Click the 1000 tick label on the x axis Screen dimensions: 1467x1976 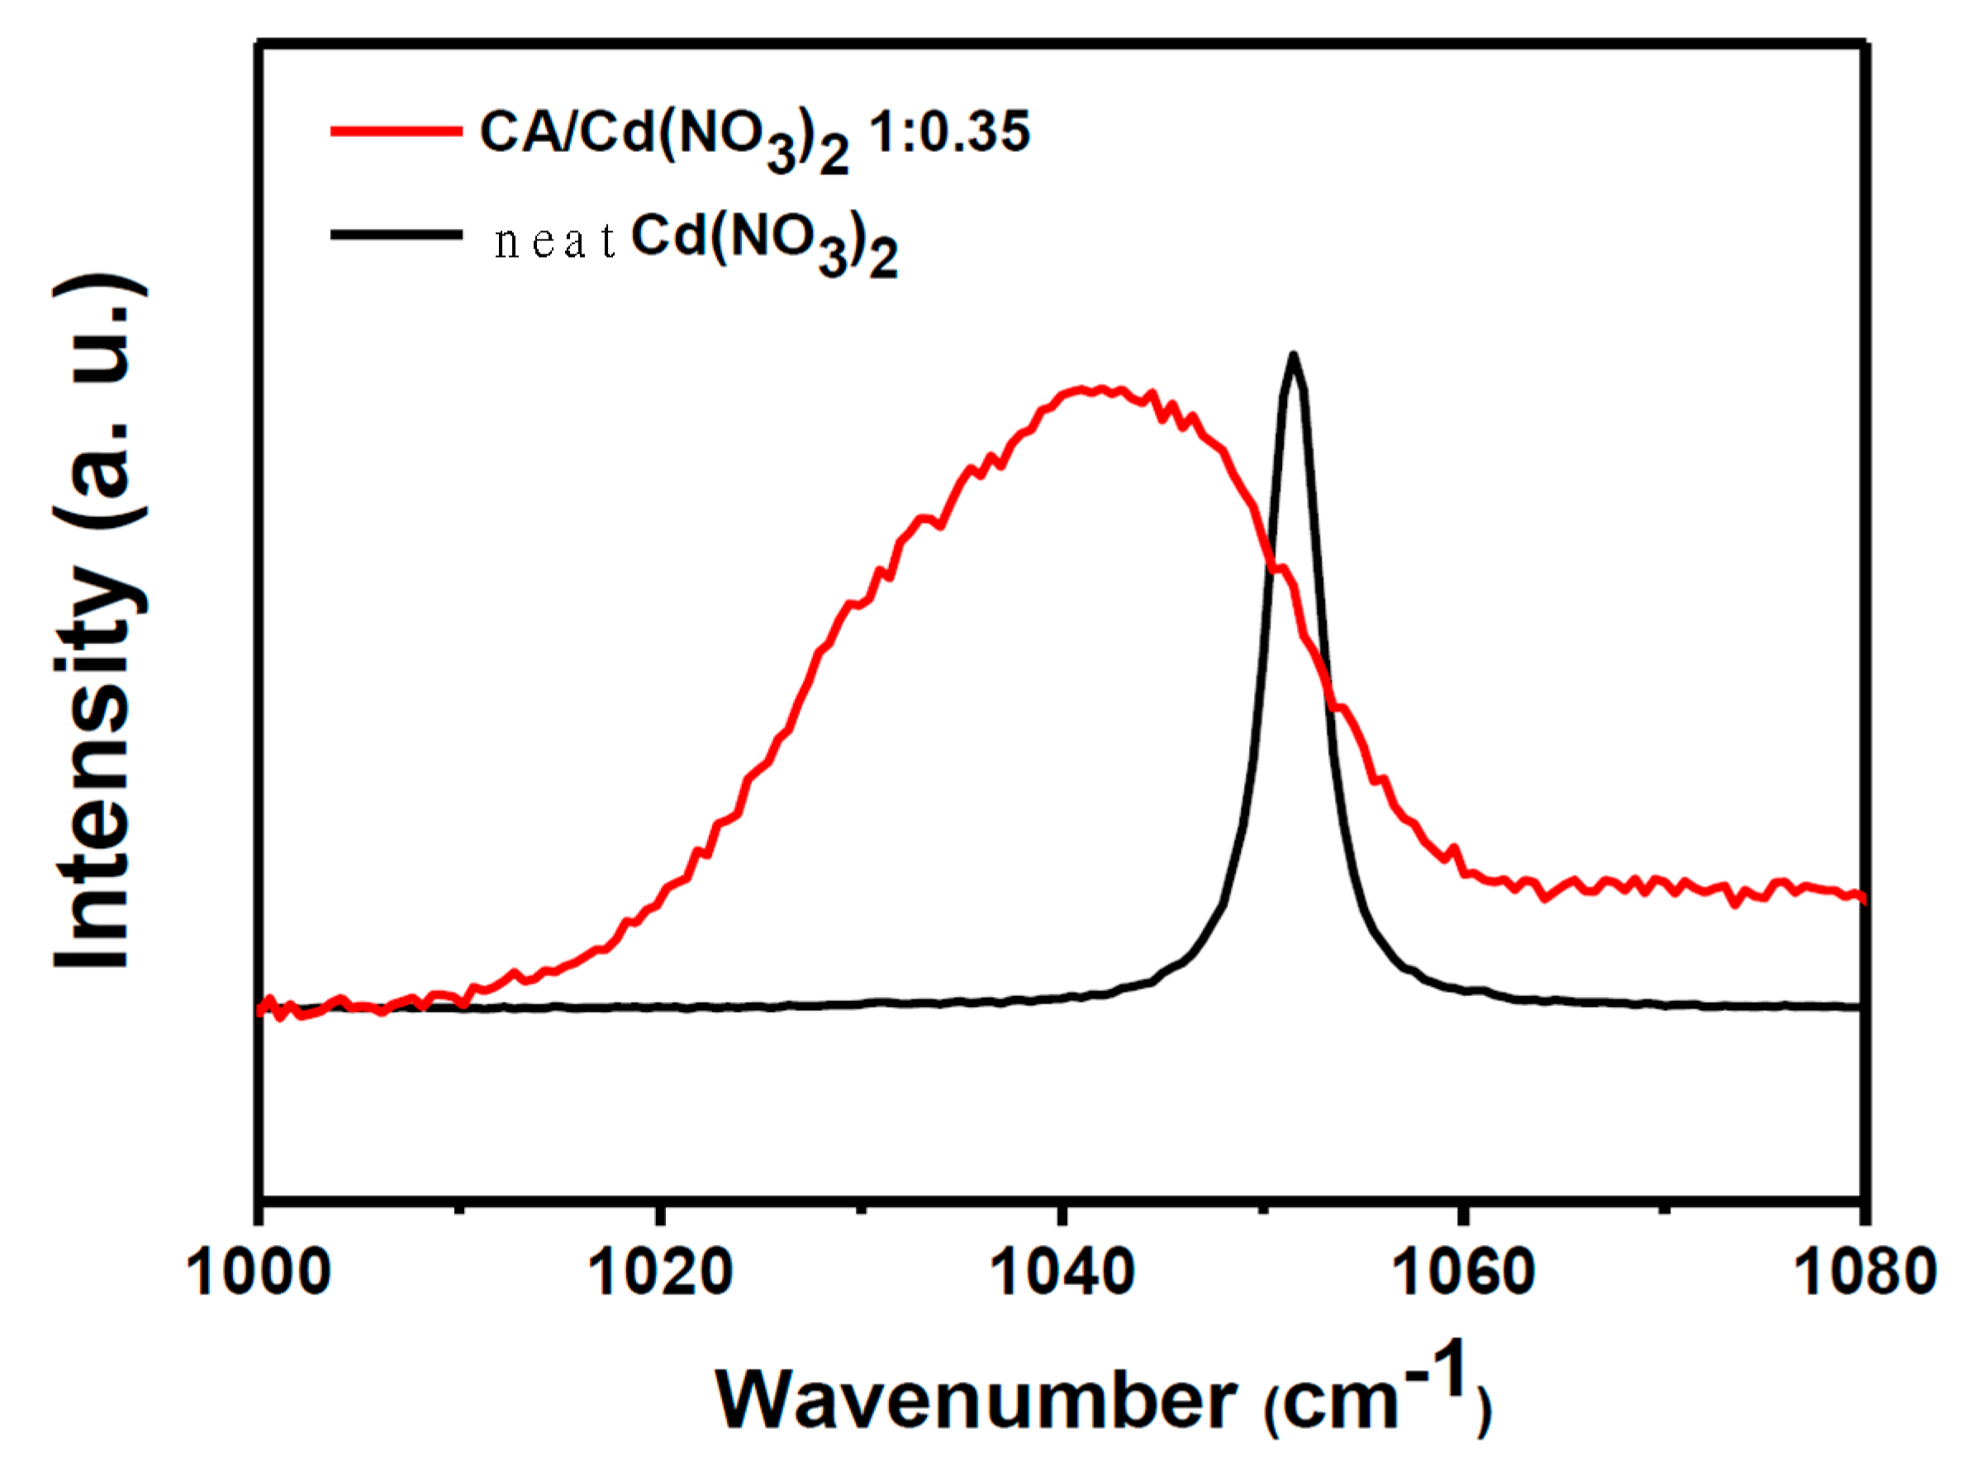pyautogui.click(x=259, y=1273)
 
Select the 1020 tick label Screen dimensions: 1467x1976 pyautogui.click(x=659, y=1273)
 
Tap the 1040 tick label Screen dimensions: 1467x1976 pyautogui.click(x=1061, y=1273)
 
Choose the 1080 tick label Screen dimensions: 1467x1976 pyautogui.click(x=1863, y=1273)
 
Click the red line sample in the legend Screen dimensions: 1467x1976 pyautogui.click(x=396, y=131)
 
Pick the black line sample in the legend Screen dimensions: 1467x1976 pyautogui.click(x=396, y=235)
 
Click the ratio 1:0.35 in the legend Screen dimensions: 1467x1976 pyautogui.click(x=948, y=133)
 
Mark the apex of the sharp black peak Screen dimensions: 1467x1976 pyautogui.click(x=1293, y=354)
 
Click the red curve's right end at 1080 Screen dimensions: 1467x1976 pyautogui.click(x=1861, y=898)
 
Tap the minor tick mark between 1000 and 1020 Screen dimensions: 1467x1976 pyautogui.click(x=459, y=1208)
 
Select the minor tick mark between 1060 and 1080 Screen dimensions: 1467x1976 pyautogui.click(x=1664, y=1208)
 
